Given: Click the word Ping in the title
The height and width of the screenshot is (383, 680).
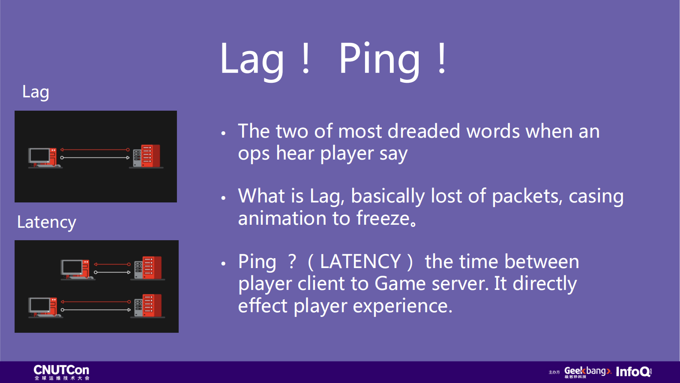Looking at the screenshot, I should click(380, 60).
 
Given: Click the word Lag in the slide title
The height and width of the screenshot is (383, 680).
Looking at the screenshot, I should click(252, 60).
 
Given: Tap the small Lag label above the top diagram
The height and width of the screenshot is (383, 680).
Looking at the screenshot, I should click(36, 92).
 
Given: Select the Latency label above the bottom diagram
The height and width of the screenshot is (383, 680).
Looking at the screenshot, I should click(47, 222).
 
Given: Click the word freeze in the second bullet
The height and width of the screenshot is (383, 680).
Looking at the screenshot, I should click(383, 218).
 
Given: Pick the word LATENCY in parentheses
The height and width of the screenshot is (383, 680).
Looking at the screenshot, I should click(360, 262).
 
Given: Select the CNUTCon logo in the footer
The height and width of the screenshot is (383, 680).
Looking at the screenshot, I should click(61, 372).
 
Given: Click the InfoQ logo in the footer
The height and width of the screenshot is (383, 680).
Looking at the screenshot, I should click(634, 371).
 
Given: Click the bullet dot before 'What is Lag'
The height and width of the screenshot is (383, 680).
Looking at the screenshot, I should click(223, 198).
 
